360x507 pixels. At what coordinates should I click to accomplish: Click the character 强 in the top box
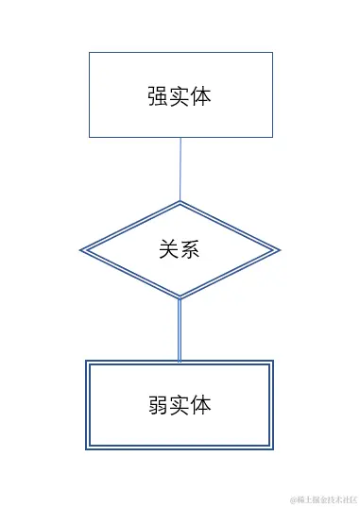pos(159,96)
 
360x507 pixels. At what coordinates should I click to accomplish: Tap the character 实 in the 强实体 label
pos(180,96)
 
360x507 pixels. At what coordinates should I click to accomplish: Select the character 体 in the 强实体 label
pos(200,96)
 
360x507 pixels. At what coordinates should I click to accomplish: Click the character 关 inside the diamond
pos(169,250)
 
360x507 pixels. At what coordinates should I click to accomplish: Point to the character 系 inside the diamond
pos(190,250)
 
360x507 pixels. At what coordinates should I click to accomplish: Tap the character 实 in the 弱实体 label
pos(180,405)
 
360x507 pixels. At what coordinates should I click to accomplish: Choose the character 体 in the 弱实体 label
pos(200,405)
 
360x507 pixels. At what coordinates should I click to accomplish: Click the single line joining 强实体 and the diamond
pos(180,169)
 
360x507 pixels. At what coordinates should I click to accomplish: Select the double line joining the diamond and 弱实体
pos(180,330)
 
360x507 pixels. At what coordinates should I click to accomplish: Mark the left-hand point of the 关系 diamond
pos(81,250)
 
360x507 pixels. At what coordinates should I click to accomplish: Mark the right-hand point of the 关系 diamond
pos(280,250)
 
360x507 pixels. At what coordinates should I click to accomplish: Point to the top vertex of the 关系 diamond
pos(180,201)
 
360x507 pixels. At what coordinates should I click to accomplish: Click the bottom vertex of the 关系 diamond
pos(180,299)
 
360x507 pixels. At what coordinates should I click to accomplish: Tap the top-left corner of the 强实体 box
pos(89,53)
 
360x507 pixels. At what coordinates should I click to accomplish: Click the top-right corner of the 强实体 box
pos(272,53)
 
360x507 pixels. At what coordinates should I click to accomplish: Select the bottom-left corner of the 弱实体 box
pos(86,449)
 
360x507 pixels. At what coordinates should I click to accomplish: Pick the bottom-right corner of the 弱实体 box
pos(273,449)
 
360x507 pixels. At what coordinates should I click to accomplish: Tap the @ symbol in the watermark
pos(294,499)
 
